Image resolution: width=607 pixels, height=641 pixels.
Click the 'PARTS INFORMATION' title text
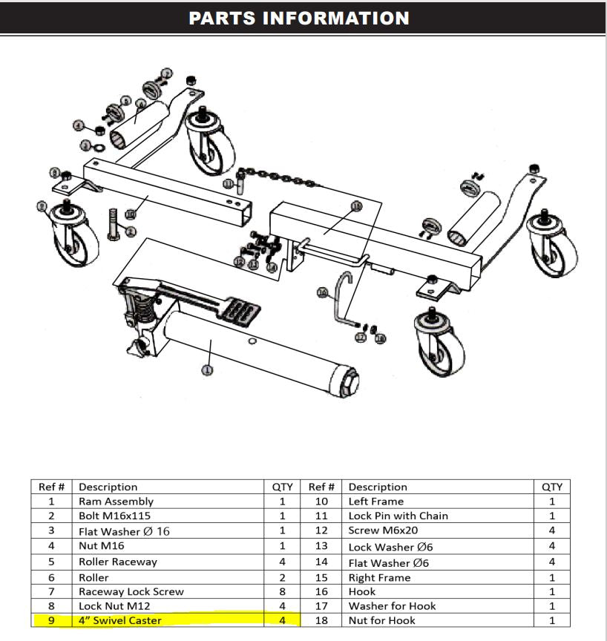298,18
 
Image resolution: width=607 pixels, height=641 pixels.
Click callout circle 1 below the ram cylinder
208,369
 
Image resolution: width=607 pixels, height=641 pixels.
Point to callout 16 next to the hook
321,293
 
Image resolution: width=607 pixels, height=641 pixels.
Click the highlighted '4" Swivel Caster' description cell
119,620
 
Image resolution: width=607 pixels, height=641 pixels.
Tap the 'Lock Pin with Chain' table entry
398,516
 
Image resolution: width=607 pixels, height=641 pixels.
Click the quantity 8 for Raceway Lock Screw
282,591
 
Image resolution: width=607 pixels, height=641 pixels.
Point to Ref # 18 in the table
321,620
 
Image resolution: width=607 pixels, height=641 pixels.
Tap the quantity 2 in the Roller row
282,576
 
